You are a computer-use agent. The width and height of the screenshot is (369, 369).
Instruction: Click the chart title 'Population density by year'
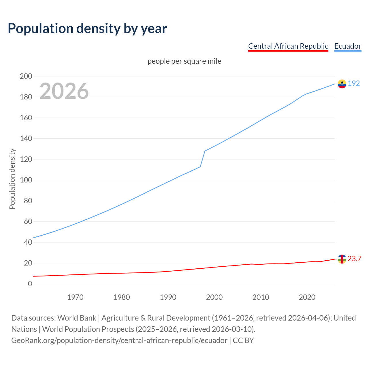pos(87,29)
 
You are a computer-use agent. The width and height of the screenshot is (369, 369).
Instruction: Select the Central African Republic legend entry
pos(288,46)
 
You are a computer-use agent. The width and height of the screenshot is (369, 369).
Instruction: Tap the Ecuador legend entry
pos(348,46)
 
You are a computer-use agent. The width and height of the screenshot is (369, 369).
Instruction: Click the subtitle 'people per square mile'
pos(184,61)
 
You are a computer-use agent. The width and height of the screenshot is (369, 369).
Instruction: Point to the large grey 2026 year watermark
pos(64,91)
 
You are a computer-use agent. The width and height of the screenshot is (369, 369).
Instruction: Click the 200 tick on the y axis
pos(26,76)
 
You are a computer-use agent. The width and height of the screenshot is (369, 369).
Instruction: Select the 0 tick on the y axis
pos(30,284)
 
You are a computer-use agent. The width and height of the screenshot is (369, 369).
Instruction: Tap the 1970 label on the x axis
pos(75,297)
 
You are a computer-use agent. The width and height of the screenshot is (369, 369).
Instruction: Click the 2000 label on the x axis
pos(214,297)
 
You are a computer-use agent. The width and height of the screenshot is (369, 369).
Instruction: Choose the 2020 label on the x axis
pos(307,297)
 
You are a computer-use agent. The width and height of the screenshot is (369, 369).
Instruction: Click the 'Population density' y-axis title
pos(12,179)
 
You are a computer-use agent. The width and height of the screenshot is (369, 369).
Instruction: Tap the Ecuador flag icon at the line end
pos(342,84)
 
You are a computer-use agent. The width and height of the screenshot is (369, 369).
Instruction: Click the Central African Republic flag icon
pos(342,259)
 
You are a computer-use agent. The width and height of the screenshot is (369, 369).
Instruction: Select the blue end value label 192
pos(354,84)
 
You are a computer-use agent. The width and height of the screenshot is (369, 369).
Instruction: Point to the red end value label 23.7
pos(354,259)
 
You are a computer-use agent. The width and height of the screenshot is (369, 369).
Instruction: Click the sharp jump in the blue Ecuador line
pos(203,159)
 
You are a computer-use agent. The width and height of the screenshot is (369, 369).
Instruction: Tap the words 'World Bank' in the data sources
pos(77,318)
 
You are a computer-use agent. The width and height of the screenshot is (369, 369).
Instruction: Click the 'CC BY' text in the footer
pos(243,340)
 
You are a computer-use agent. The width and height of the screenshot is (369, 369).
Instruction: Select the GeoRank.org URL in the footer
pos(119,340)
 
